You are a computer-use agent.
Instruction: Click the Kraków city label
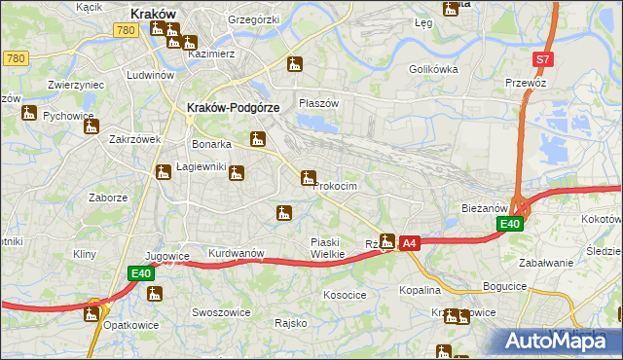tap(153, 14)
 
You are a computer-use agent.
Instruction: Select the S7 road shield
tap(543, 59)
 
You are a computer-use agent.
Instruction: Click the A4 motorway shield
tap(410, 242)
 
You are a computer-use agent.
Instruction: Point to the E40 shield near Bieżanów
tap(510, 224)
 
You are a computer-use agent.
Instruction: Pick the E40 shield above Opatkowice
tap(140, 274)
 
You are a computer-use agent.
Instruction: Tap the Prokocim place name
tap(336, 186)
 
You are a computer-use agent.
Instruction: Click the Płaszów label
tap(318, 103)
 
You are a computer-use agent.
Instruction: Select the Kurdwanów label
tap(237, 253)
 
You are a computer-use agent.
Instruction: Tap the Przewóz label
tap(527, 83)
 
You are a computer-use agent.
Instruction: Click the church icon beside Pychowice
tap(29, 113)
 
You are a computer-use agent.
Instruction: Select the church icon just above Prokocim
tap(309, 177)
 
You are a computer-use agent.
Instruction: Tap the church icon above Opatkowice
tap(92, 312)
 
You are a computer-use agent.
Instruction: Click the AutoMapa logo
tap(560, 341)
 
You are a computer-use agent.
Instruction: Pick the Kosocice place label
tap(345, 294)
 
